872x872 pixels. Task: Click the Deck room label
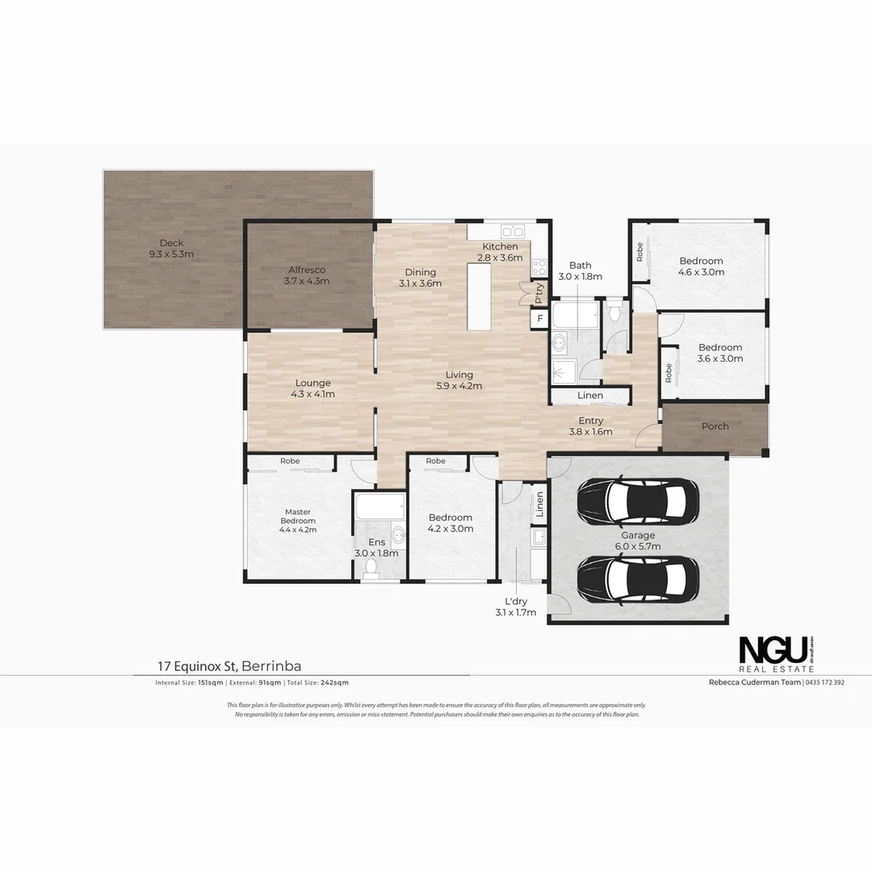click(171, 248)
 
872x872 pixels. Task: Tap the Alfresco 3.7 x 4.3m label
click(307, 275)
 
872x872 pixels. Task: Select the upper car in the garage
click(638, 501)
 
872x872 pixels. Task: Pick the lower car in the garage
click(638, 579)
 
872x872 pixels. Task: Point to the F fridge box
click(539, 318)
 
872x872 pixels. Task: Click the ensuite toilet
click(372, 568)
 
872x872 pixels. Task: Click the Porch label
click(715, 426)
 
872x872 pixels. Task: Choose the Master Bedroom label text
click(297, 520)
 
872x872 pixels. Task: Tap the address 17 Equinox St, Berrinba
click(229, 666)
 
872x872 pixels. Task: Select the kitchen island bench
click(480, 296)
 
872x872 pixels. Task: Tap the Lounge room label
click(312, 388)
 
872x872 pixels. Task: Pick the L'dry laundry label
click(516, 607)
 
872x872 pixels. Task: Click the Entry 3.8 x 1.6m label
click(590, 426)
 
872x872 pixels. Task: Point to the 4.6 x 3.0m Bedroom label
click(701, 266)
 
